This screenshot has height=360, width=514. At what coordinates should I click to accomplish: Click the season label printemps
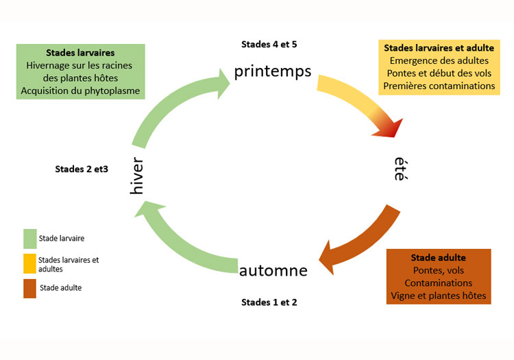(x=273, y=72)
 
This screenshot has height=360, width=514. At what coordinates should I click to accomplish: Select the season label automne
(x=273, y=270)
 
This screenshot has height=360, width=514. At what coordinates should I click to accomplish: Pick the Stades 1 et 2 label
(x=269, y=302)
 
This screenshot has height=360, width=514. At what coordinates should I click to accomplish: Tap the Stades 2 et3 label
(x=82, y=169)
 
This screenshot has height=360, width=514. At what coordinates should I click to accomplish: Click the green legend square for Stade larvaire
(x=29, y=239)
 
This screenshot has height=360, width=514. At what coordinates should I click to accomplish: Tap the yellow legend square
(x=29, y=264)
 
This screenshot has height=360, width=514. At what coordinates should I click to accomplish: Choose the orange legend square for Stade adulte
(x=29, y=288)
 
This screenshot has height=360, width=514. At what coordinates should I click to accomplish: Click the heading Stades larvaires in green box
(x=80, y=52)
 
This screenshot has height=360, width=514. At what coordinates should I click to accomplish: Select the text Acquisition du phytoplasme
(x=80, y=91)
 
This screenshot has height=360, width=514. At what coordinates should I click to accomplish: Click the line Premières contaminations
(x=439, y=86)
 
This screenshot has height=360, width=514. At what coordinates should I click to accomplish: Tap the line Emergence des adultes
(x=439, y=61)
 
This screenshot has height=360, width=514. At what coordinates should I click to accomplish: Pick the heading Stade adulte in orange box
(x=439, y=258)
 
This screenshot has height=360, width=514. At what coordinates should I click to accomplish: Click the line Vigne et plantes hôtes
(x=439, y=296)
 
